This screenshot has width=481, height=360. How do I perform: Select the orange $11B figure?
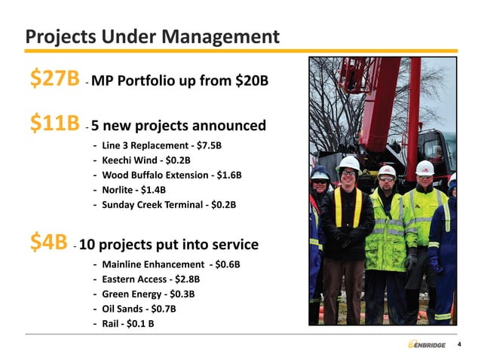(54, 124)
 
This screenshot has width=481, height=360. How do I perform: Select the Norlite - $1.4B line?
(132, 190)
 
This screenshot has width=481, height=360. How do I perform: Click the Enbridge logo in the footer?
(426, 344)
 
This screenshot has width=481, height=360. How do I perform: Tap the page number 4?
(458, 345)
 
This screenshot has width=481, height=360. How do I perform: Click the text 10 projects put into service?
(169, 245)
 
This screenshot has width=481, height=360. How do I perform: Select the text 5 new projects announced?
(178, 126)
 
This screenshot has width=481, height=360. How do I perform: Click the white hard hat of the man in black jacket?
(348, 162)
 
